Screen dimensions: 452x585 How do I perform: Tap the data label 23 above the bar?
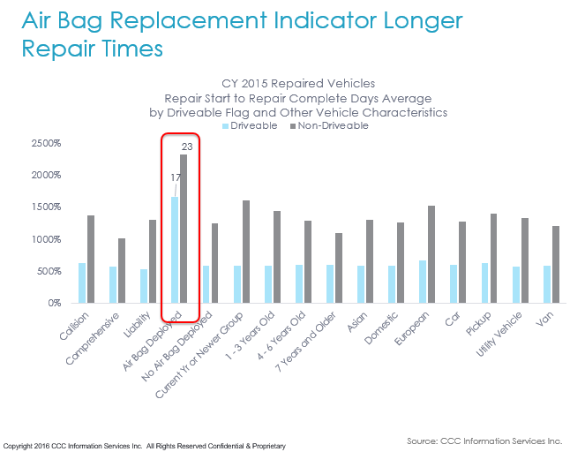(187, 147)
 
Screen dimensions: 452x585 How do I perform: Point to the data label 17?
(176, 177)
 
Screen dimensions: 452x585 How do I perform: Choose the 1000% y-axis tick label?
(45, 239)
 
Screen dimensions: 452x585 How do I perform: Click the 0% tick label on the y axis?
(52, 303)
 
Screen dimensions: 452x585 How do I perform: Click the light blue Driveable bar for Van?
(547, 283)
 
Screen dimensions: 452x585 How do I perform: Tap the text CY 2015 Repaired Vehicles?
(298, 86)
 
